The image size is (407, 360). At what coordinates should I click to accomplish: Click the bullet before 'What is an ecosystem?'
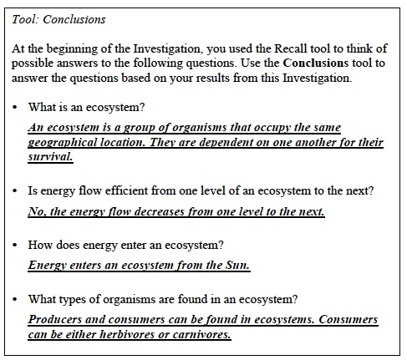click(16, 108)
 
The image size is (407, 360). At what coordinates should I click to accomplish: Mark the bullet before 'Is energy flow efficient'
click(16, 191)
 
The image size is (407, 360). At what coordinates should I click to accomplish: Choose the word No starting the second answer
click(36, 211)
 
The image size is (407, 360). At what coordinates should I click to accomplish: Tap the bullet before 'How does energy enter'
click(16, 245)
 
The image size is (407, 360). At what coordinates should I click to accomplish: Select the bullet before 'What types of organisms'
click(16, 300)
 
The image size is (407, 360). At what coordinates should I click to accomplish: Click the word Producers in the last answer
click(58, 320)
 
